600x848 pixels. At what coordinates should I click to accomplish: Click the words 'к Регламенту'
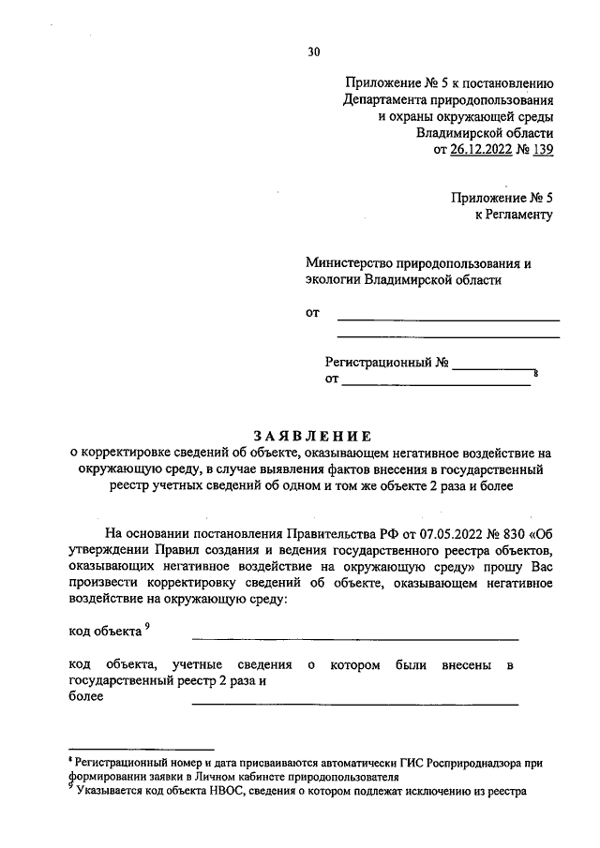coord(514,215)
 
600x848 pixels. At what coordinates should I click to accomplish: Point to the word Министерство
coord(352,263)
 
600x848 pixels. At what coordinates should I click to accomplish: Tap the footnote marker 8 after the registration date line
coord(536,375)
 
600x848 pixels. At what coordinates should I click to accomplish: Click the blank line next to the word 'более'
coord(354,704)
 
